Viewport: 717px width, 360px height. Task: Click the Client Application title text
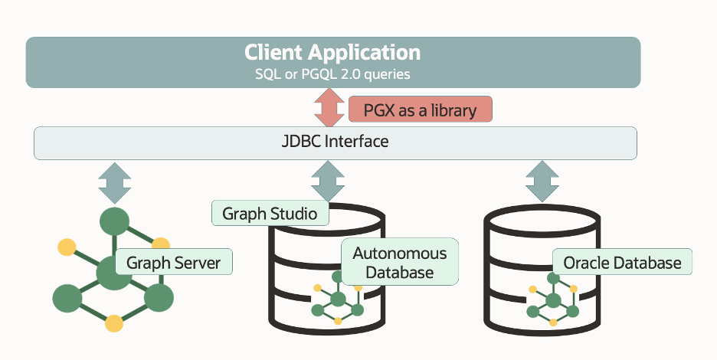pos(332,53)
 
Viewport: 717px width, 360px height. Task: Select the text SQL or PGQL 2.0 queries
pos(332,74)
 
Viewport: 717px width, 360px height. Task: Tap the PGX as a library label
pos(420,110)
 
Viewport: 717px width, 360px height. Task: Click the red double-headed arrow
pos(328,108)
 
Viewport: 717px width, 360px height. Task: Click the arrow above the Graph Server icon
pos(115,182)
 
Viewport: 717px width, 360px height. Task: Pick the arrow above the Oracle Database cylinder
pos(542,182)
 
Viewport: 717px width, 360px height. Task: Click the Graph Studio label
pos(270,213)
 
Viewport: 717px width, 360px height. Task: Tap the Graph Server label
pos(173,263)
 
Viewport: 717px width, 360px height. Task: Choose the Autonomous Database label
pos(399,261)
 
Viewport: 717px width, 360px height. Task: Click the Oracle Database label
pos(622,263)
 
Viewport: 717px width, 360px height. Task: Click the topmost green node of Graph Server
pos(113,221)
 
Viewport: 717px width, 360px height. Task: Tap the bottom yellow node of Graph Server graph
pos(113,322)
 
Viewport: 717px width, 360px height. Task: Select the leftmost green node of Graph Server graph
pos(67,297)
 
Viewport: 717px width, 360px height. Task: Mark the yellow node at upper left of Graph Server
pos(67,247)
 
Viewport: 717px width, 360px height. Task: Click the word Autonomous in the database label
pos(399,252)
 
